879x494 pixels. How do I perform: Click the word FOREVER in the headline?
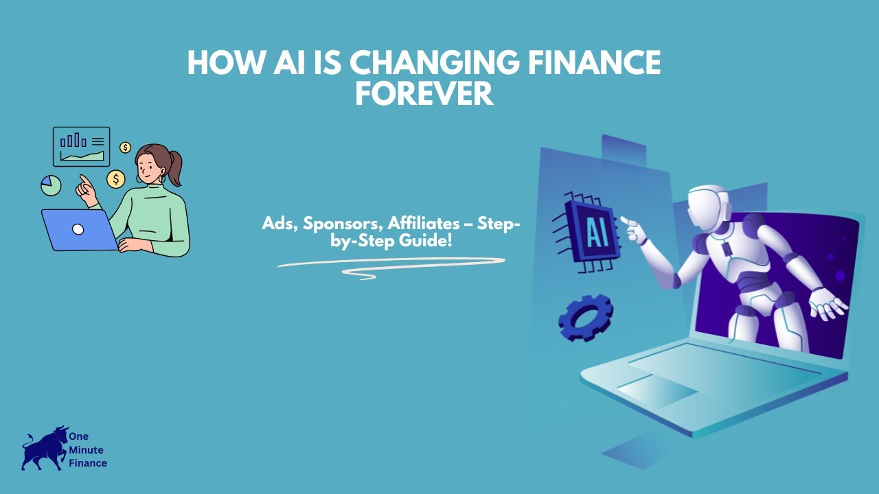(424, 93)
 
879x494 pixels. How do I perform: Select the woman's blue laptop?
(78, 230)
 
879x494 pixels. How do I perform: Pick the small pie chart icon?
(51, 185)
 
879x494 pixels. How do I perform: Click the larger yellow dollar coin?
(116, 180)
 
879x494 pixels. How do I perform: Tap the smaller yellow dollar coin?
(125, 148)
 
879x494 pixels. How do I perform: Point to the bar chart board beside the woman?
(82, 146)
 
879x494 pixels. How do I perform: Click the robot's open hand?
(826, 303)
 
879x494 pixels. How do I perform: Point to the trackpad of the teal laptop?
(657, 390)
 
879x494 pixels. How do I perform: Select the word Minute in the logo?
(86, 450)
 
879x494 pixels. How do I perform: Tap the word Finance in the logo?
(88, 463)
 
